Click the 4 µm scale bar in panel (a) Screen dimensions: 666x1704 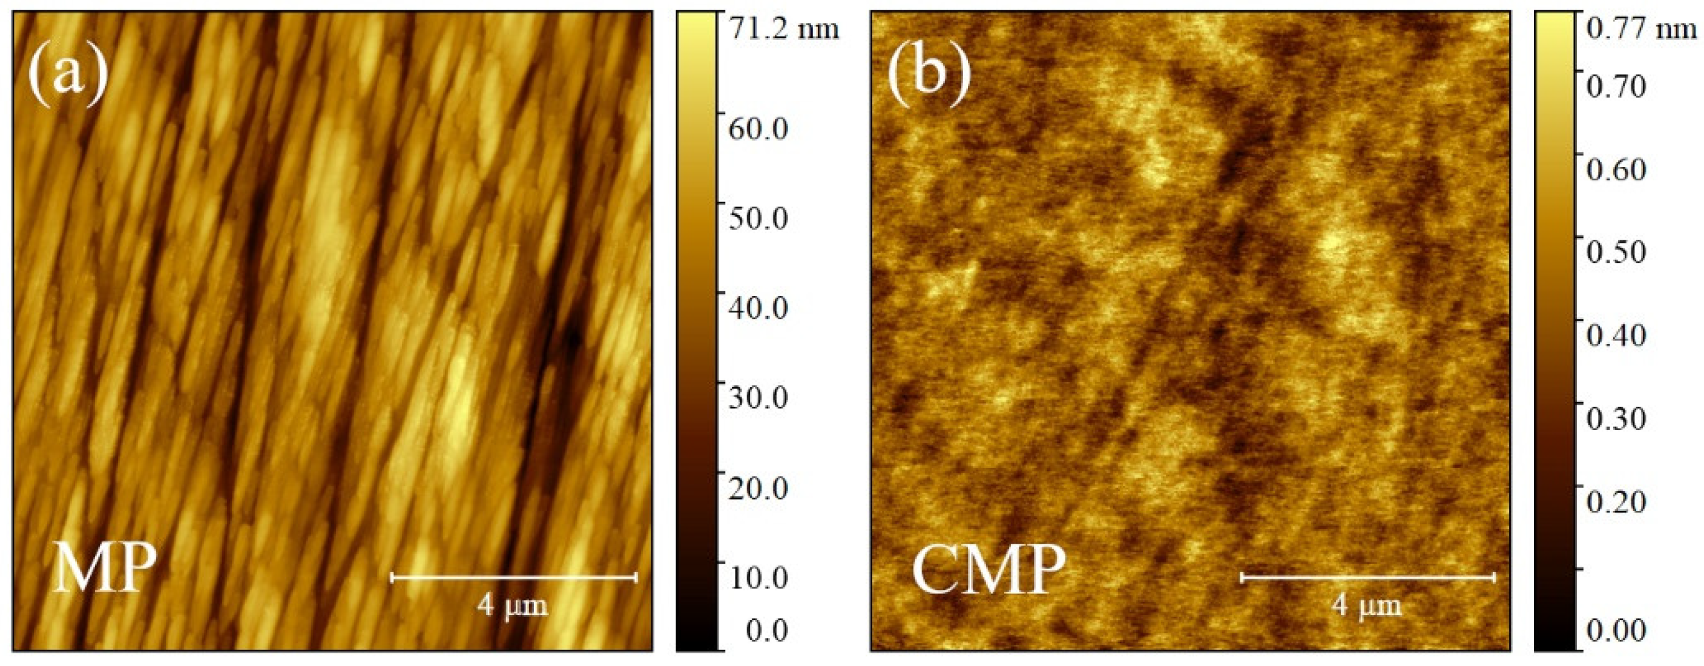coord(513,578)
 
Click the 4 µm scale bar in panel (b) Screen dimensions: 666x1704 coord(1367,578)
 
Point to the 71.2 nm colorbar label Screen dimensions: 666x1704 coord(783,28)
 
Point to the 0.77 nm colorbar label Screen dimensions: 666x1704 coord(1641,28)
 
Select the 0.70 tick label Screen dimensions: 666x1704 coord(1616,86)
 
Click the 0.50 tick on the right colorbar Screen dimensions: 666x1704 coord(1616,252)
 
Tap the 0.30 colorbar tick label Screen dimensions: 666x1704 coord(1616,418)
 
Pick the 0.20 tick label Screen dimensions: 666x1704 coord(1616,501)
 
